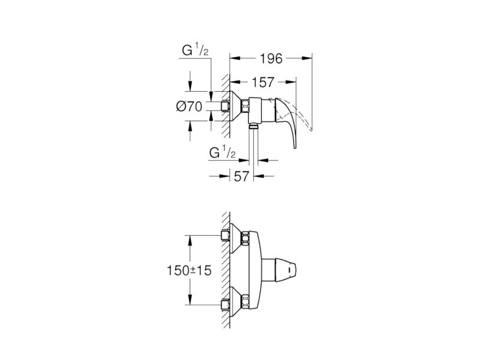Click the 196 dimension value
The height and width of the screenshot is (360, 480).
point(271,58)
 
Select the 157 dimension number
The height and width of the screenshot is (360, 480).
point(263,82)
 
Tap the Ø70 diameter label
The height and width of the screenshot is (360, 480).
point(189,107)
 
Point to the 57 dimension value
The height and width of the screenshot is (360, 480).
point(242,176)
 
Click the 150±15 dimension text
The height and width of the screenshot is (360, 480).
point(189,271)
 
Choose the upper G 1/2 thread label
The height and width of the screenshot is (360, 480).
point(195,50)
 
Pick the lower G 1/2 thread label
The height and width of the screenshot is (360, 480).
point(222,152)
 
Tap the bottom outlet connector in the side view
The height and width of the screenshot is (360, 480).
point(253,126)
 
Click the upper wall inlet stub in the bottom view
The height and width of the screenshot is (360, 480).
point(226,235)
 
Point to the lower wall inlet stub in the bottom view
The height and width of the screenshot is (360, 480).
point(226,305)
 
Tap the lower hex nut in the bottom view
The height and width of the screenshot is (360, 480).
point(245,301)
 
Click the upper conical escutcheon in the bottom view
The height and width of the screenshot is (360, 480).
point(235,238)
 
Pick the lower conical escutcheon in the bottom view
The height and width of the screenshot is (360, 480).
point(235,302)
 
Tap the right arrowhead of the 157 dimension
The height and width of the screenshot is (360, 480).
point(291,82)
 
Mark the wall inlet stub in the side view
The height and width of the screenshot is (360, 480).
point(226,106)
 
